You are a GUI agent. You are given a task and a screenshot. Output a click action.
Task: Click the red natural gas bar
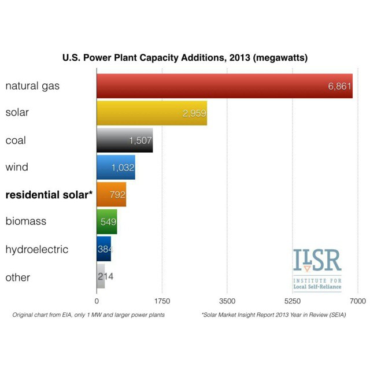[x=225, y=86]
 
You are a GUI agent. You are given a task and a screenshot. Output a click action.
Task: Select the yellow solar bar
[x=152, y=113]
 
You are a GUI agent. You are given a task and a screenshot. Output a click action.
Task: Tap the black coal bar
[x=125, y=140]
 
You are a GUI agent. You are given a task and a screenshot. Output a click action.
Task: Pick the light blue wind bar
[x=116, y=167]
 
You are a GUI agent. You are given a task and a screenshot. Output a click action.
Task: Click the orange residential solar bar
[x=112, y=194]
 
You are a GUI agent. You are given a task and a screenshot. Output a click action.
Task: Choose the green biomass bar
[x=107, y=221]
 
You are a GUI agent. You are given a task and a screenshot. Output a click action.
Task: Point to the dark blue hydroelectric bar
[x=104, y=249]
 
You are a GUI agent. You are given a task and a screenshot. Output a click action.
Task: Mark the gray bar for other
[x=101, y=276]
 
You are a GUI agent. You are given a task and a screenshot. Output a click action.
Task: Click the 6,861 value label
[x=339, y=86]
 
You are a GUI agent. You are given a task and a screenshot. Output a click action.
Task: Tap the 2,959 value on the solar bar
[x=194, y=113]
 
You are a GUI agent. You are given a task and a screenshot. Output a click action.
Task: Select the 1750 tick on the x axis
[x=162, y=301]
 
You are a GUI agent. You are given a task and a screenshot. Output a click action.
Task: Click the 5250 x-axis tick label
[x=293, y=301]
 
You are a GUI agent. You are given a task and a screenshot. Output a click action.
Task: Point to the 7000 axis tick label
[x=358, y=301]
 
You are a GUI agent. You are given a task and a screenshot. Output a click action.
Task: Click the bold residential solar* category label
[x=49, y=195]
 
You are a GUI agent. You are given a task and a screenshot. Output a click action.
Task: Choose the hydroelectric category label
[x=37, y=249]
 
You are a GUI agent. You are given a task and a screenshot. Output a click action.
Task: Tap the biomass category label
[x=26, y=221]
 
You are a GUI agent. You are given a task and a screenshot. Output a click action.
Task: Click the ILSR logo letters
[x=317, y=260]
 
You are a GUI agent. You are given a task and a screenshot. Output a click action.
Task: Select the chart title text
[x=185, y=58]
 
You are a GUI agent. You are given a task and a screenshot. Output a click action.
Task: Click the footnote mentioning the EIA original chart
[x=88, y=314]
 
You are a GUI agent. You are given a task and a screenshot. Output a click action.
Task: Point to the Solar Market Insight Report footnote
[x=273, y=314]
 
